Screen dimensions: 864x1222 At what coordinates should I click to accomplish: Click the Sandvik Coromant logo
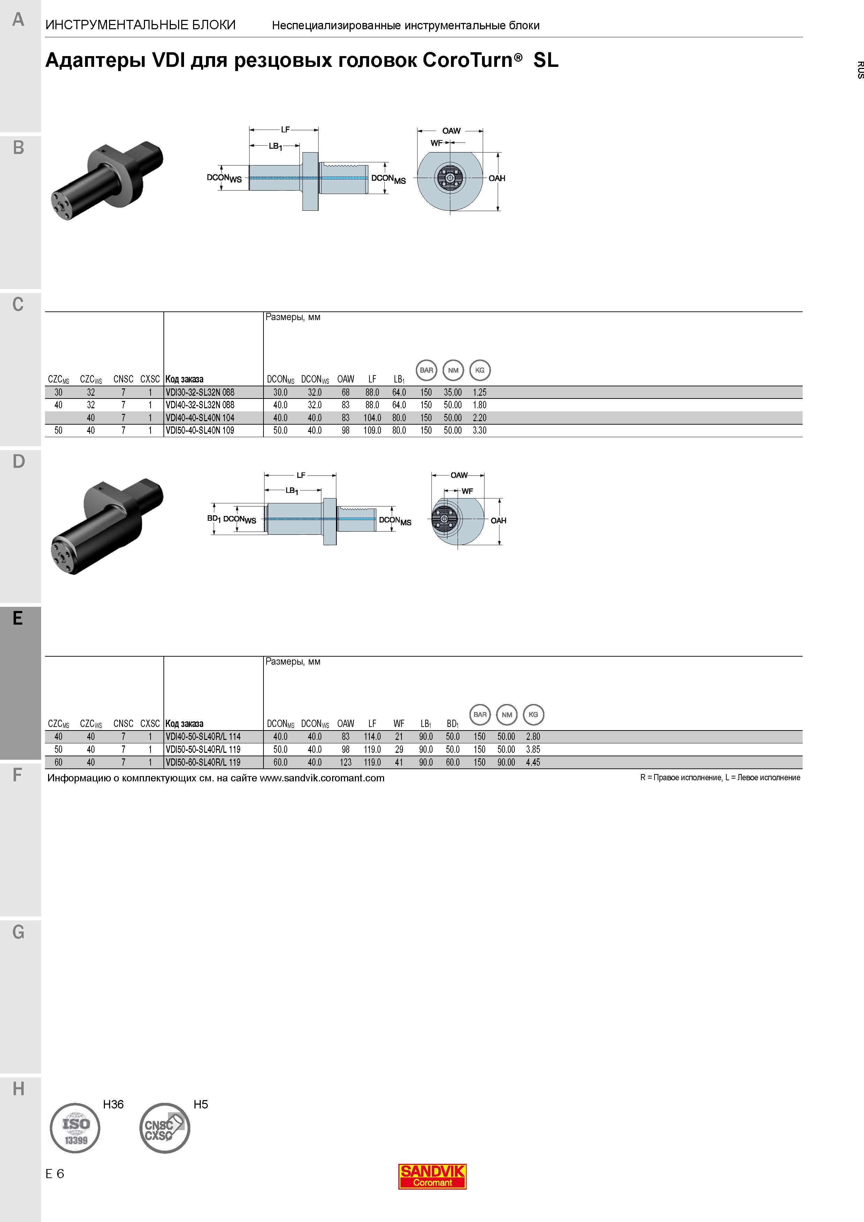432,1176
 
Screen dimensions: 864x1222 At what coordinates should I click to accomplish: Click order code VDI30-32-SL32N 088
200,392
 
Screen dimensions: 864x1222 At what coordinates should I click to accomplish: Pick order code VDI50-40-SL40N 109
200,431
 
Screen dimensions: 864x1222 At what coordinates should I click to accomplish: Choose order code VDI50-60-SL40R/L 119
203,762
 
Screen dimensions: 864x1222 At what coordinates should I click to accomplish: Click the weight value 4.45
533,762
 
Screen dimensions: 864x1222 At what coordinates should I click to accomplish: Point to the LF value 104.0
373,418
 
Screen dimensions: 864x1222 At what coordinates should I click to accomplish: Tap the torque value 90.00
506,762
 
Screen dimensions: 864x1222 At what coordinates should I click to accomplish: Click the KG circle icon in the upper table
480,370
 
